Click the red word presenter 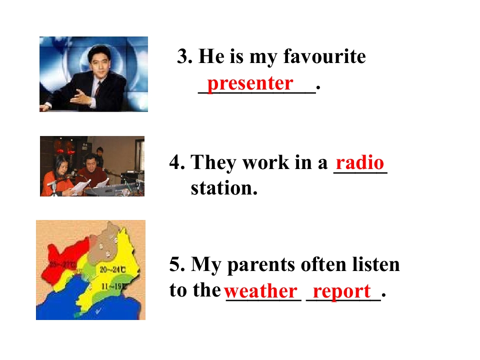pyautogui.click(x=249, y=83)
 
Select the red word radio pyautogui.click(x=360, y=163)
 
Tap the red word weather pyautogui.click(x=260, y=290)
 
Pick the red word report pyautogui.click(x=342, y=290)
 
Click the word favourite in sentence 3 pyautogui.click(x=324, y=56)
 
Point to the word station pyautogui.click(x=223, y=189)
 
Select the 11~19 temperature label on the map pyautogui.click(x=114, y=286)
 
